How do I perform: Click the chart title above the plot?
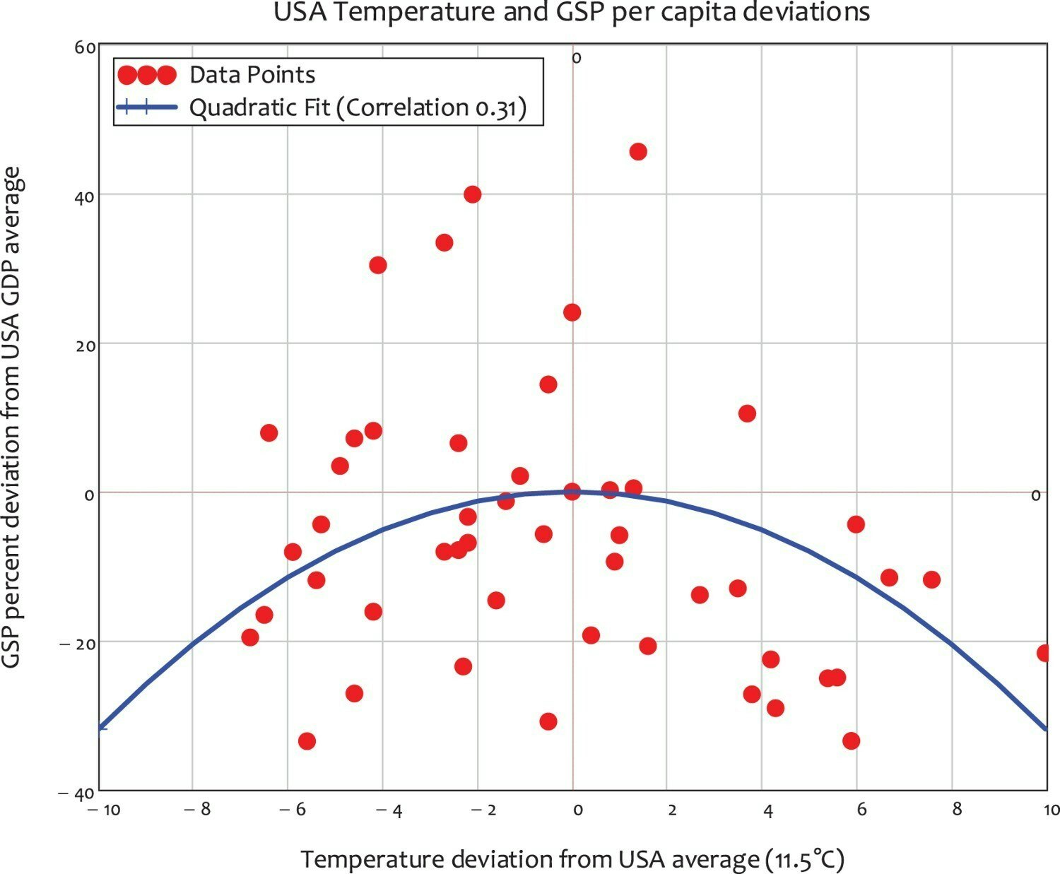[571, 13]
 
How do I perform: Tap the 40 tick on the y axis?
[84, 196]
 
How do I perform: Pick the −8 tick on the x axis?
[197, 810]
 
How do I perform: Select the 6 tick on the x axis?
[861, 810]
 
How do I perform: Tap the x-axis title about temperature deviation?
[572, 859]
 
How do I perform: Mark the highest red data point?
[637, 151]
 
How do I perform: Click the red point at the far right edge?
[1044, 653]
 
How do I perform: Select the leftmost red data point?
[249, 637]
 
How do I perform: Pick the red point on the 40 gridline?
[472, 194]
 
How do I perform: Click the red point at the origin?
[572, 492]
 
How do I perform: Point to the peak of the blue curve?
[572, 492]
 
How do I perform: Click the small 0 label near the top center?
[576, 59]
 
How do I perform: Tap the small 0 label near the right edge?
[1035, 496]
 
